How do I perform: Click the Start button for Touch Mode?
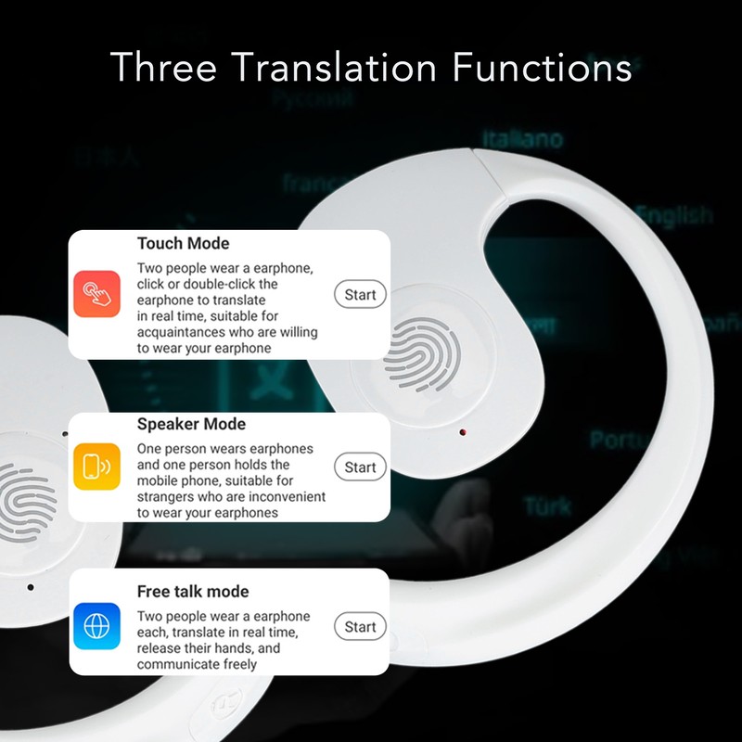pyautogui.click(x=360, y=295)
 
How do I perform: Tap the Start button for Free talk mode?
pyautogui.click(x=360, y=627)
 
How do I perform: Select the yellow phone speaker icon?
pyautogui.click(x=96, y=467)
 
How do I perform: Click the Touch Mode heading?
pyautogui.click(x=184, y=244)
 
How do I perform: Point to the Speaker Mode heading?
pyautogui.click(x=191, y=424)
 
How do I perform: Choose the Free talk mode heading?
pyautogui.click(x=193, y=591)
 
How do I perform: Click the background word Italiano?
pyautogui.click(x=526, y=140)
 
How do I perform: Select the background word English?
pyautogui.click(x=674, y=215)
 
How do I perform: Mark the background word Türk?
pyautogui.click(x=547, y=506)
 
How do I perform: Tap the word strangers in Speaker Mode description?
pyautogui.click(x=168, y=496)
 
